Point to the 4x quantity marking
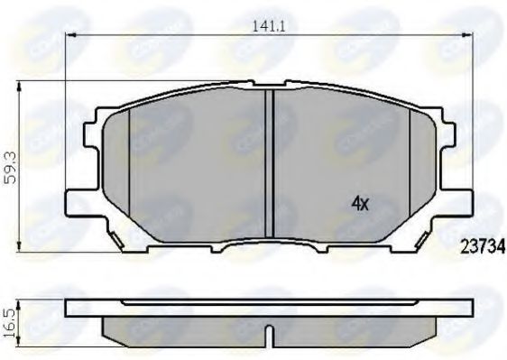tap(360, 204)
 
